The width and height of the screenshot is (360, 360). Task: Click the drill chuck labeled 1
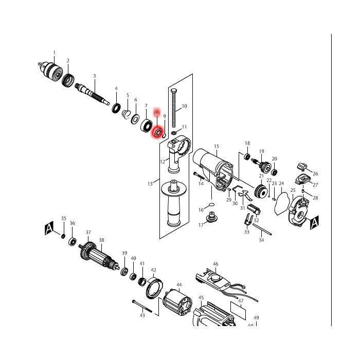pos(50,70)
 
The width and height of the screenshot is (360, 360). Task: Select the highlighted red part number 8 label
pos(157,112)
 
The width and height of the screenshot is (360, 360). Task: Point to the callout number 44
pos(179,285)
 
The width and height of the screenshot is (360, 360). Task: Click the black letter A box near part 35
pos(49,228)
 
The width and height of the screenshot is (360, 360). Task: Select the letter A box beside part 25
pos(314,223)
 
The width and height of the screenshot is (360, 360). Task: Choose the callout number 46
pos(215,264)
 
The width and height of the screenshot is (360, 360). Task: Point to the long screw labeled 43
pos(142,306)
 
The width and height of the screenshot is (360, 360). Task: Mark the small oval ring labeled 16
pos(212,204)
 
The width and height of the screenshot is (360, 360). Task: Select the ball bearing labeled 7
pos(146,127)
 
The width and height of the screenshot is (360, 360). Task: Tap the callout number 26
pos(315,174)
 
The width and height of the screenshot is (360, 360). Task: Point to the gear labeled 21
pos(261,191)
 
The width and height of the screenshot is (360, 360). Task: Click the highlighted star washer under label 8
pos(158,133)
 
